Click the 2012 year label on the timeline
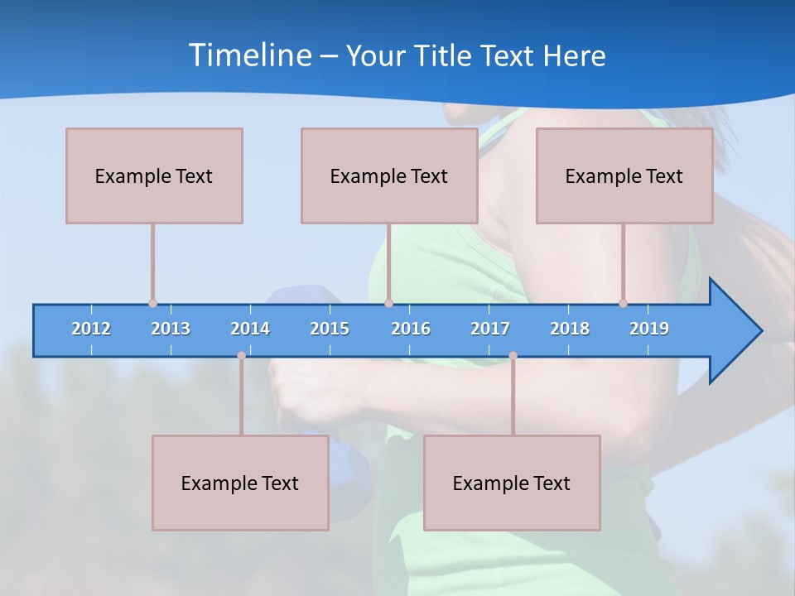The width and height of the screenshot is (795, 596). coord(91,329)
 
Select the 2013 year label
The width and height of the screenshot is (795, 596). coord(171,329)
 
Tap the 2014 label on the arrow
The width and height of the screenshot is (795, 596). coord(250,329)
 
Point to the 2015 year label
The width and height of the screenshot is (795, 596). coord(330,329)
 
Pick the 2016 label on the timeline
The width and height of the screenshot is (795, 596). coord(411,329)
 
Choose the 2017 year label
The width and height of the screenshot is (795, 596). coord(490,329)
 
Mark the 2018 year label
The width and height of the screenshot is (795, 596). coord(570,329)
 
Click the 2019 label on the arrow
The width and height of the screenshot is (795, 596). coord(649,329)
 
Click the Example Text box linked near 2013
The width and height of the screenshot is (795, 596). coord(154,175)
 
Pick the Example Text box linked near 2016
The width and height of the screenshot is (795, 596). coord(389,175)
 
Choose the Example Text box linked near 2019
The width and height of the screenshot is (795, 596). coord(624,175)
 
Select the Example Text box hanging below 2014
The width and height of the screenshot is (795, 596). coord(240,483)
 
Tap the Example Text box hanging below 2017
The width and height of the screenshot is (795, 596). coord(512,483)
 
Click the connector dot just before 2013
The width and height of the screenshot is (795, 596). coord(152,303)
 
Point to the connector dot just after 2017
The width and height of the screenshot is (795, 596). coord(513,355)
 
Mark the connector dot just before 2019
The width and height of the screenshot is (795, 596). coord(623,303)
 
